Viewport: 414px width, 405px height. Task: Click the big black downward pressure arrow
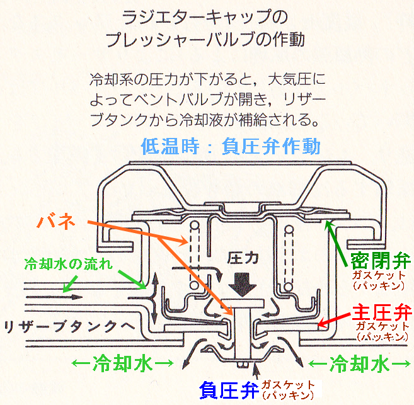coord(242,283)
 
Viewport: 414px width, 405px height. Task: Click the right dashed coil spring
coord(290,248)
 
